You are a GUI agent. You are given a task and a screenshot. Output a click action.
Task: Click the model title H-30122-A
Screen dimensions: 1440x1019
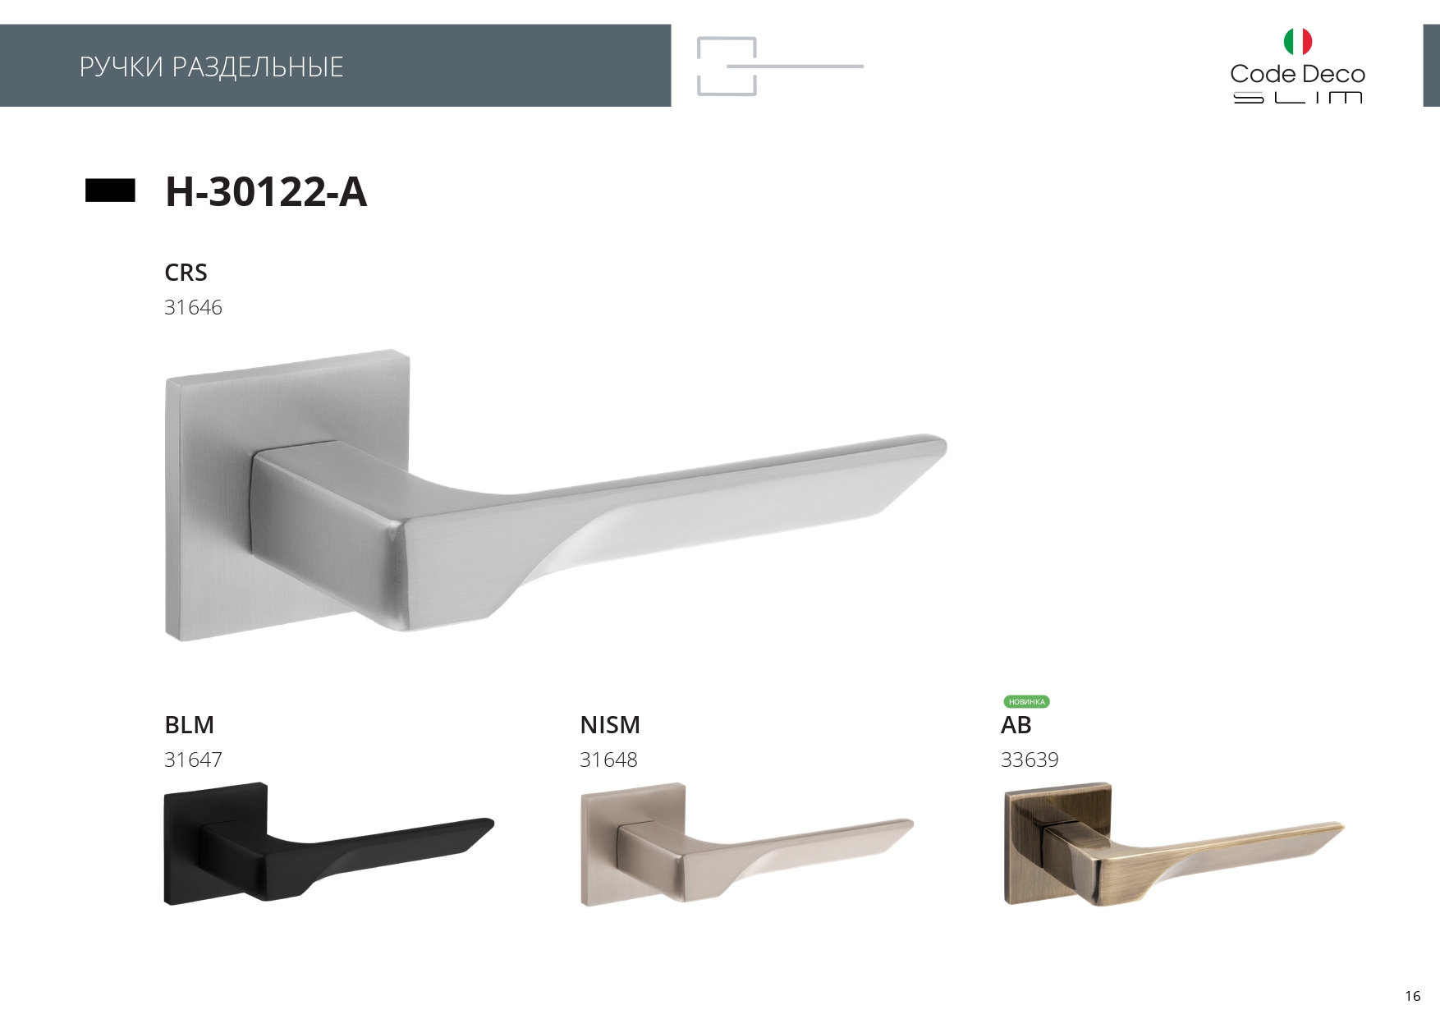tap(266, 191)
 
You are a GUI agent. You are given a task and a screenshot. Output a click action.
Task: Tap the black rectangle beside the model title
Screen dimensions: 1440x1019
tap(110, 190)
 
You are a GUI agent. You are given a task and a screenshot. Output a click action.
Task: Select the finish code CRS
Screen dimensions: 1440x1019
tap(186, 273)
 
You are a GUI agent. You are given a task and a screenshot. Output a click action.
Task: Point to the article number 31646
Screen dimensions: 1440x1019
tap(193, 308)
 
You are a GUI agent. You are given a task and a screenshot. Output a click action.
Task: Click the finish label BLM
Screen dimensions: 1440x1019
tap(189, 725)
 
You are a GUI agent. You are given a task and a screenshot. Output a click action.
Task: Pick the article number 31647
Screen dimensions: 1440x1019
tap(193, 760)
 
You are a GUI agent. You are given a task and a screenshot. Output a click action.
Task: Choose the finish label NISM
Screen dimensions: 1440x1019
tap(610, 725)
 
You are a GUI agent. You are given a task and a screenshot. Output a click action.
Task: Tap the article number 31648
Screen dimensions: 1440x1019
tap(608, 760)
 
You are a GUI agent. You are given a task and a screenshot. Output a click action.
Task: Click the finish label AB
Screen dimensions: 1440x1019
tap(1016, 725)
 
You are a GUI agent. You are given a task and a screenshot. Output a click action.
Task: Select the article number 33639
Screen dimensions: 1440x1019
tap(1030, 760)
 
